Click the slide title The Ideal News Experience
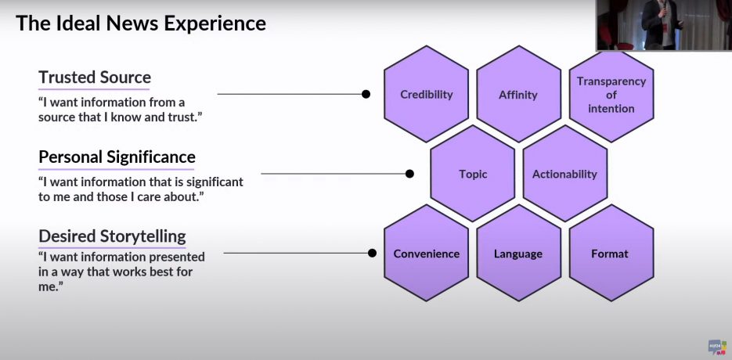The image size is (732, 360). coord(141,23)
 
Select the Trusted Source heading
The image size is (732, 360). coord(95,77)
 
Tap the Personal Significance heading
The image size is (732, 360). coord(117,157)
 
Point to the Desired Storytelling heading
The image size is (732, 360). coord(112,236)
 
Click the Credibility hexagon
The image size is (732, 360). coord(426,94)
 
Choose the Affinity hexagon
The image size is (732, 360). coord(518,94)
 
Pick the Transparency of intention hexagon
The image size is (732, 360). coord(611,95)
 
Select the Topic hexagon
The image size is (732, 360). coord(472,174)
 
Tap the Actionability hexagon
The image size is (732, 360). coord(565,174)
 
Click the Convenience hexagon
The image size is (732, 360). coord(426,253)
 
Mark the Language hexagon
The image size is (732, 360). coord(518,253)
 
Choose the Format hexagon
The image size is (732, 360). coord(611,253)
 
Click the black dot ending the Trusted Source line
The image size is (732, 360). coord(366,95)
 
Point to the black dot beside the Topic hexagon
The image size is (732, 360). coord(409,174)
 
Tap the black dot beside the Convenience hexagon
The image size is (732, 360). coord(372,253)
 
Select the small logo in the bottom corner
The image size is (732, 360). coord(717,347)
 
